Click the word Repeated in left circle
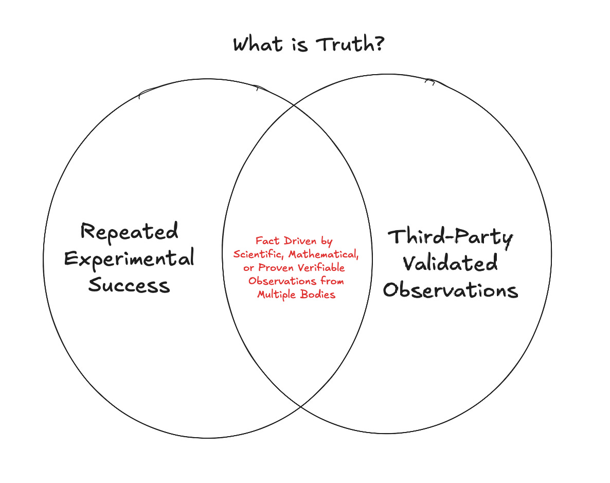130,232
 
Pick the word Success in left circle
129,285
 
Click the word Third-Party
450,238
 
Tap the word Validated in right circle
450,264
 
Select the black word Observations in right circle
450,290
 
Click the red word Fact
266,241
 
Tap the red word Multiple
278,295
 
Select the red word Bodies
318,295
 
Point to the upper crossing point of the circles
294,105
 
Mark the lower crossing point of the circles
301,407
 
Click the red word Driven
301,241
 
